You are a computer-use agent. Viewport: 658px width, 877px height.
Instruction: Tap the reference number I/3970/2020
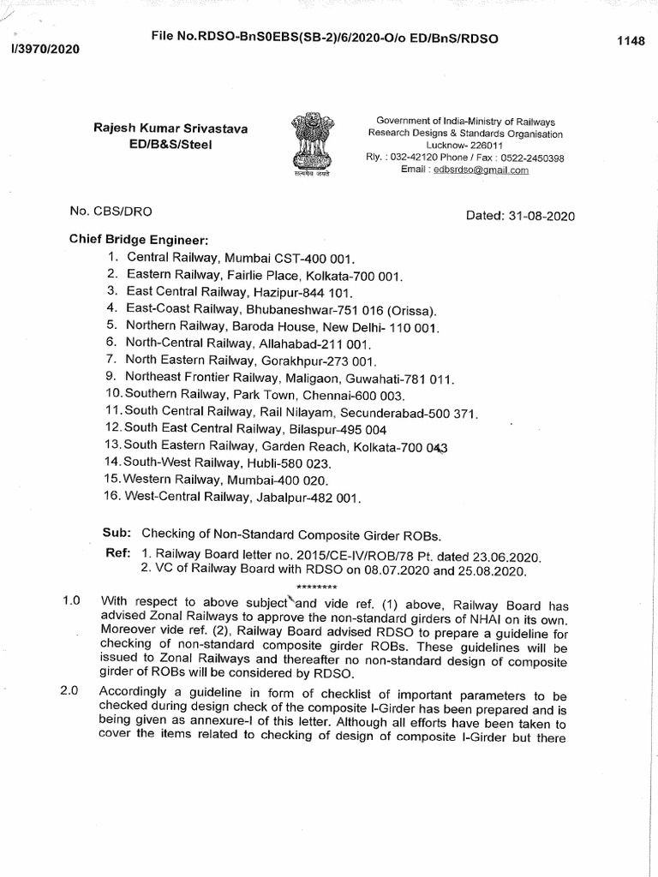(43, 49)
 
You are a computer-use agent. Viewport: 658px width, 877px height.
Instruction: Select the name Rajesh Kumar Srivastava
(170, 128)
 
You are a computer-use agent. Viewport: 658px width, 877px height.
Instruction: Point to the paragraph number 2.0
(69, 692)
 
